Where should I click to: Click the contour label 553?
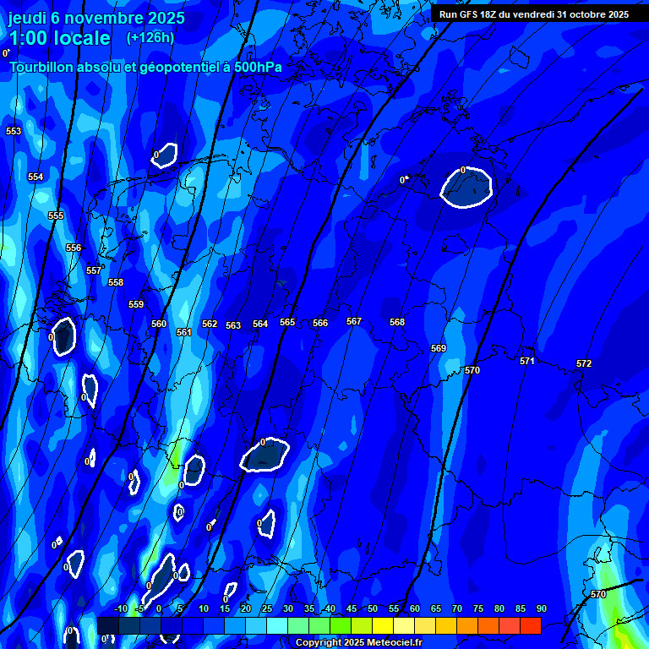(14, 131)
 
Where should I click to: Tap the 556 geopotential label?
(74, 248)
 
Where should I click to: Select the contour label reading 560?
(159, 324)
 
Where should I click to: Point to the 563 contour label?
(233, 325)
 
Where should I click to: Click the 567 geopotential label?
(354, 321)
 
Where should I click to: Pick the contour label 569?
(439, 348)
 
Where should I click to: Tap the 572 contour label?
(584, 363)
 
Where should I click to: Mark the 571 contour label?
(527, 361)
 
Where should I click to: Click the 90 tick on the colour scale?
(542, 608)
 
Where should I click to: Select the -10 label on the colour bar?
(120, 608)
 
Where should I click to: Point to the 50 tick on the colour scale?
(373, 608)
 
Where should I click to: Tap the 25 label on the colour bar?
(267, 608)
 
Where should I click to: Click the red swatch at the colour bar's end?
(530, 625)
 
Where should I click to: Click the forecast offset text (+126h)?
(150, 37)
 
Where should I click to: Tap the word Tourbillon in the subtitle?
(43, 66)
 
